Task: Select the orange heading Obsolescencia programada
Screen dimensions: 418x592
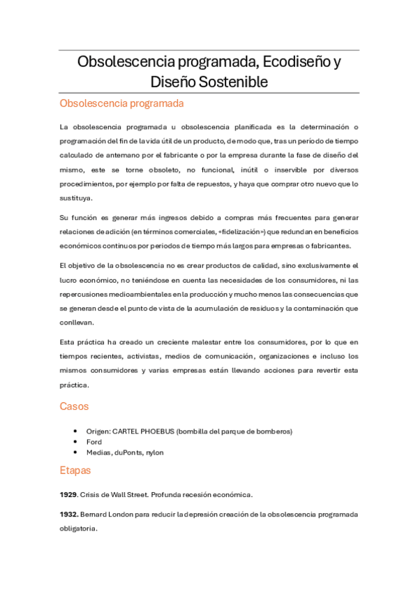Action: (x=121, y=104)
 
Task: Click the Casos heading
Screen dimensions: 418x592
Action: (x=74, y=406)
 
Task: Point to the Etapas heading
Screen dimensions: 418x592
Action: (x=75, y=471)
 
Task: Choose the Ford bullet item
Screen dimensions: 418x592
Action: (x=94, y=442)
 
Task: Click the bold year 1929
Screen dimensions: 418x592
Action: (x=68, y=495)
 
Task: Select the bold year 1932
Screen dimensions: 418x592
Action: (x=68, y=515)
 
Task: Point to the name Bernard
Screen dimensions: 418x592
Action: (x=95, y=515)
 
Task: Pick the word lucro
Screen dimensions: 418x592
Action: (x=68, y=280)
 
